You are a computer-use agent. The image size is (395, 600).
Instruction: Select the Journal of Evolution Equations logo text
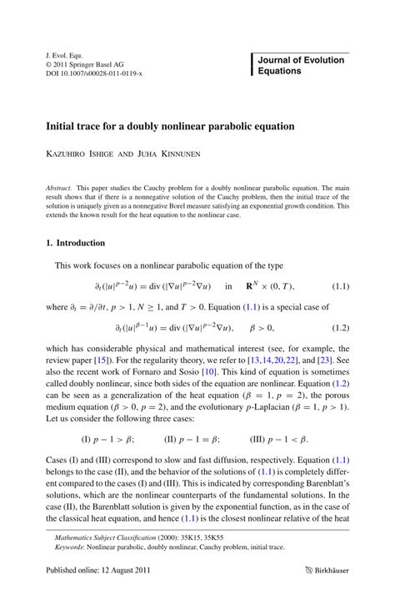(x=299, y=66)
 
